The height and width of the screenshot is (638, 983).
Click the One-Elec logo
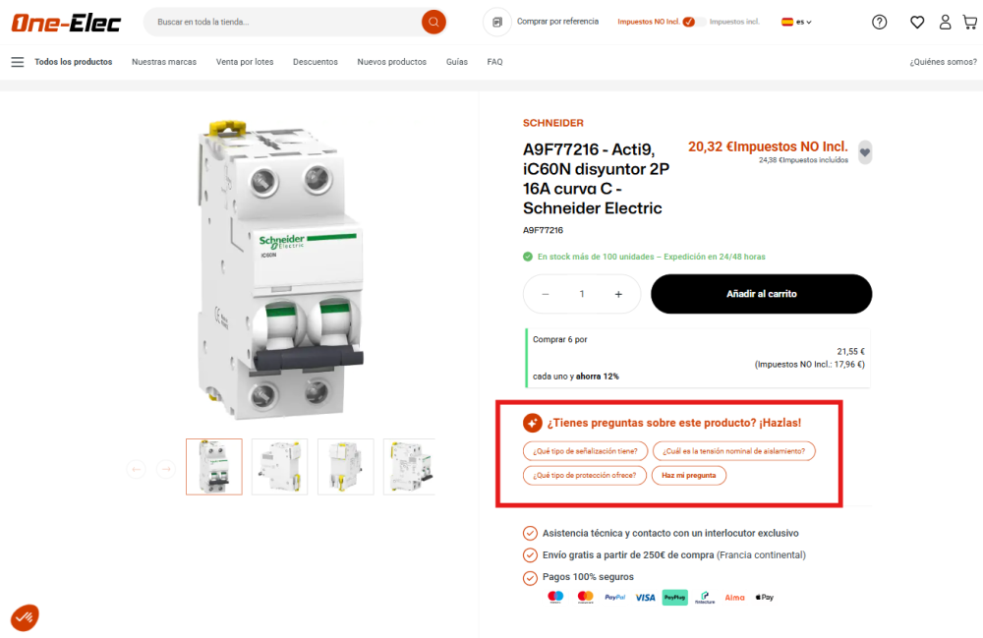(x=67, y=22)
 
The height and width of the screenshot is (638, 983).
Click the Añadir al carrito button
(x=761, y=294)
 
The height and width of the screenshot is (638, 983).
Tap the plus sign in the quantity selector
(x=618, y=294)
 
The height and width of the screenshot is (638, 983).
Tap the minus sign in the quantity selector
(x=546, y=294)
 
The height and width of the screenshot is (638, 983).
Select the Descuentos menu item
(x=315, y=62)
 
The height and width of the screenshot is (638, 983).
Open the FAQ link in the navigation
(x=494, y=62)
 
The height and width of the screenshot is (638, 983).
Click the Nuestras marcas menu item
(x=164, y=62)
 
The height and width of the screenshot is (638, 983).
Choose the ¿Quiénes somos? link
(x=942, y=62)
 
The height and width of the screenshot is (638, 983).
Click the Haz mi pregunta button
(x=688, y=475)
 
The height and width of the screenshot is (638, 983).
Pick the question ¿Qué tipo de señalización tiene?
(x=585, y=451)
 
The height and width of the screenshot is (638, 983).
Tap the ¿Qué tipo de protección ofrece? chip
(x=584, y=475)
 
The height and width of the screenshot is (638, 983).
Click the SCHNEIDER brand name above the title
(x=552, y=123)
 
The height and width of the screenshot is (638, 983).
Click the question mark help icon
(x=879, y=22)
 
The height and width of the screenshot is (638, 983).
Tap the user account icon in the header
(x=945, y=22)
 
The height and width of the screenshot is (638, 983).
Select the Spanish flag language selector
(x=796, y=22)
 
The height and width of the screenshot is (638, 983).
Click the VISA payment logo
(x=645, y=597)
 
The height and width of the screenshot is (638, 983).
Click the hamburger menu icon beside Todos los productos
(x=17, y=62)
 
